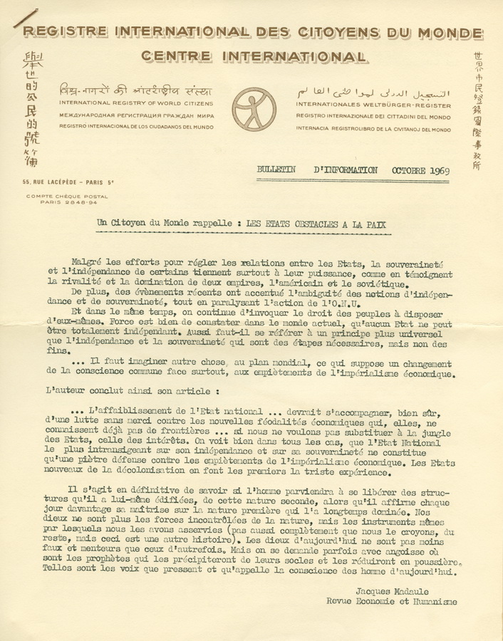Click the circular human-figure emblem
point(253,109)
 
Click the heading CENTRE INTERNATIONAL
point(254,56)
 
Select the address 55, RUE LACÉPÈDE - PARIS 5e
point(68,183)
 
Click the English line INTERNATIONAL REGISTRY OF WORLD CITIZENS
point(136,104)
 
